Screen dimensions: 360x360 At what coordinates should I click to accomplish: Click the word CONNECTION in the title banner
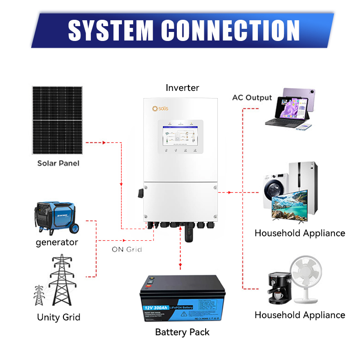pos(230,31)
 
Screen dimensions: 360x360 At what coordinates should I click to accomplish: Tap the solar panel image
pos(57,120)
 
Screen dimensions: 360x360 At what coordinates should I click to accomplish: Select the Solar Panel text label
pos(58,163)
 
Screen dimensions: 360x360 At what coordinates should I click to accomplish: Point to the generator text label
pos(57,243)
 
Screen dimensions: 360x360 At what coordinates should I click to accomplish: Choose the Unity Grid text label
pos(58,317)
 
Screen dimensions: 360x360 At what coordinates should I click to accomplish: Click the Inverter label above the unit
pos(182,88)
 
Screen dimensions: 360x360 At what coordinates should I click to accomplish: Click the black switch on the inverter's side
pos(140,193)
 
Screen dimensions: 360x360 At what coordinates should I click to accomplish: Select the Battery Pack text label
pos(182,333)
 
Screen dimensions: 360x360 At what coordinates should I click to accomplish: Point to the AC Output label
pos(252,98)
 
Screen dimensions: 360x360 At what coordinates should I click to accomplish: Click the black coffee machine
pos(278,288)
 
